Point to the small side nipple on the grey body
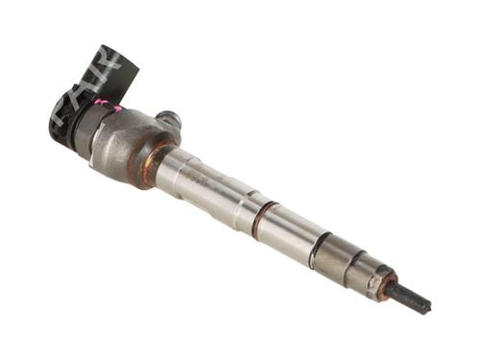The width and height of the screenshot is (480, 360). click(170, 120)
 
